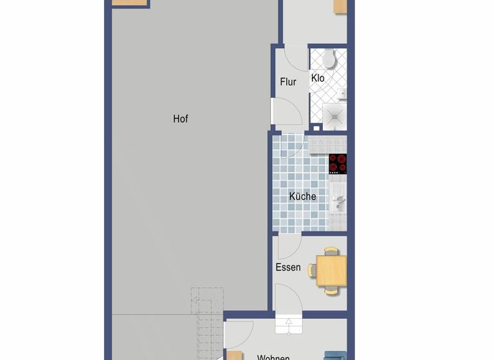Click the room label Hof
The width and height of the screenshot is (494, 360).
tap(181, 119)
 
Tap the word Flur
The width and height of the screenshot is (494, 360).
tap(288, 82)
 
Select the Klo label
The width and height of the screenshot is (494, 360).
tap(318, 78)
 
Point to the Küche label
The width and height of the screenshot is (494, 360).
tap(302, 197)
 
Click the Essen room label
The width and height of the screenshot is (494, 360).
tap(288, 267)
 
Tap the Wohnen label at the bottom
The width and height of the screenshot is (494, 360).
tap(273, 357)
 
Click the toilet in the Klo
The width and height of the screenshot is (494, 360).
tap(329, 59)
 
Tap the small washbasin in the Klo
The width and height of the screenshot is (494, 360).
tap(343, 94)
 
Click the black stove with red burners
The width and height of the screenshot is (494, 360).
tap(338, 164)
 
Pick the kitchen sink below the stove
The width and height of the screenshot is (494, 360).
tap(338, 204)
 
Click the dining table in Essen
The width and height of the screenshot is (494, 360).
tap(331, 271)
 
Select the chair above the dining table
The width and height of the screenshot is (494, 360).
tap(331, 251)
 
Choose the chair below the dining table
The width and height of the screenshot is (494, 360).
tap(331, 291)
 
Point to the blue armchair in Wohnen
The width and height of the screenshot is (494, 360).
tap(334, 355)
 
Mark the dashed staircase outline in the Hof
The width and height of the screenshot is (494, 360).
tap(206, 321)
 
